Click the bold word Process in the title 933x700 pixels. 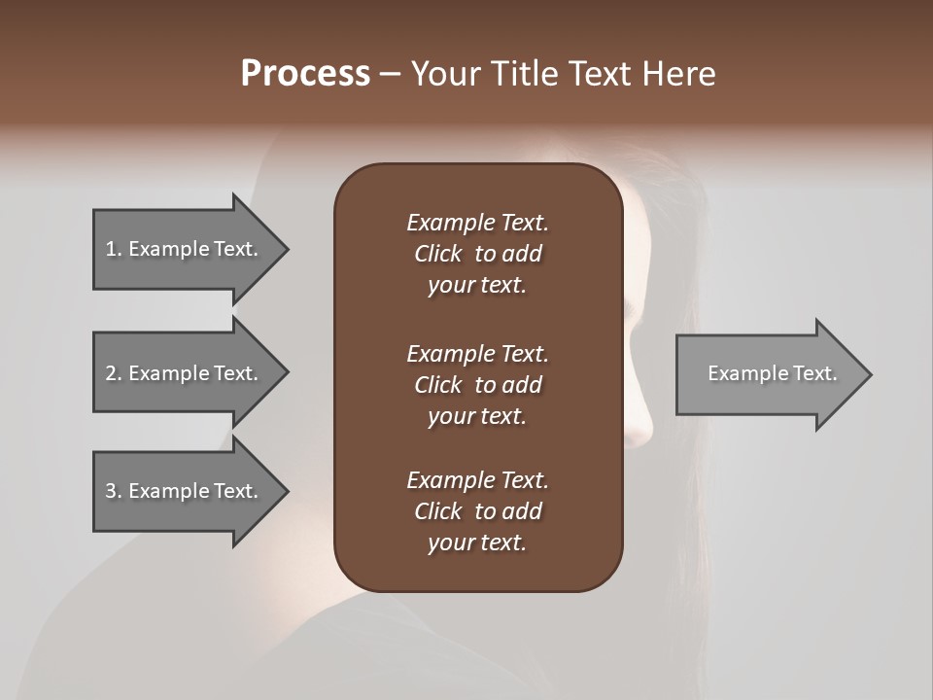(305, 74)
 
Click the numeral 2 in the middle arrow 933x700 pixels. (111, 373)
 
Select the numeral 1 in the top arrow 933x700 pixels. (111, 249)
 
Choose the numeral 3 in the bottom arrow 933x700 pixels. (111, 491)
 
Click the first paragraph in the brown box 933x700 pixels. (477, 254)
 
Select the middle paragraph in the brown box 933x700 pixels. (477, 385)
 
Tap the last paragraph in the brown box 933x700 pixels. (477, 511)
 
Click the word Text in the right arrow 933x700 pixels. (814, 373)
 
